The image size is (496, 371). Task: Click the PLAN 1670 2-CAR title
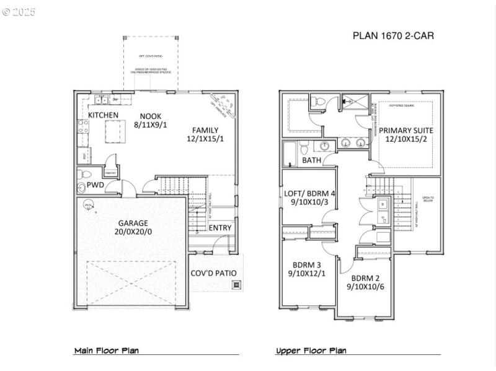point(393,36)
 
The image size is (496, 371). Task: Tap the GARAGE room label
point(133,223)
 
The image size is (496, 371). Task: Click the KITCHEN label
point(103,115)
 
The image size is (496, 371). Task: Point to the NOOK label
point(151,115)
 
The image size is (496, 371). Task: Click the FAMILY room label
point(205,129)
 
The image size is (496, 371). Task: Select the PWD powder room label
point(95,185)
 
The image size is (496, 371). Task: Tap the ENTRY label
point(220,227)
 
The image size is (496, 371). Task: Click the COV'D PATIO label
point(213,273)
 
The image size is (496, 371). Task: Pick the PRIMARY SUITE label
point(406,130)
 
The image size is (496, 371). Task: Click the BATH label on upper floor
point(311,160)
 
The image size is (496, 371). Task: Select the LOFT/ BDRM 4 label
point(310,193)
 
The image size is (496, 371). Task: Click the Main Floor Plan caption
point(107,351)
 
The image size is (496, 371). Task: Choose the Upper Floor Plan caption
point(311,351)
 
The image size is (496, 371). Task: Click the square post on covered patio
point(236,285)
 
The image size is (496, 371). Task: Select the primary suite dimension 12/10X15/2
point(406,140)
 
